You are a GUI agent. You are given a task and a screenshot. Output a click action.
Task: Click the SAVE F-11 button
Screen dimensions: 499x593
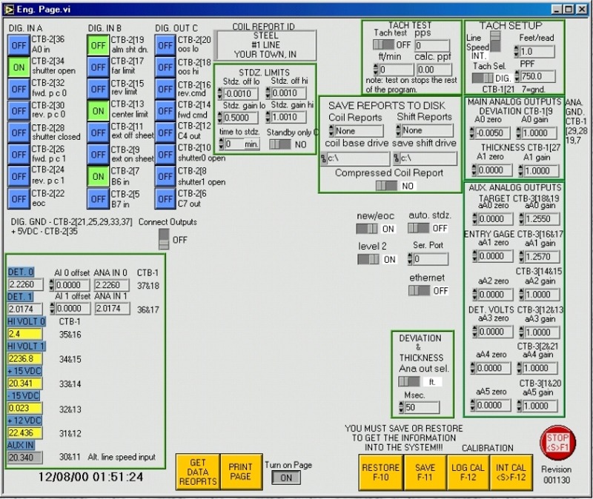425,472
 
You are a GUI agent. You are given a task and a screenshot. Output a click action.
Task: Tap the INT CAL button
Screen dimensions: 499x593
512,472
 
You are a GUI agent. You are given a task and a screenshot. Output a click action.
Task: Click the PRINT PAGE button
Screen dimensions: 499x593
239,472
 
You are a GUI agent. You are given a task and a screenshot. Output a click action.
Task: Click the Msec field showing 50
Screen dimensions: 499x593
421,407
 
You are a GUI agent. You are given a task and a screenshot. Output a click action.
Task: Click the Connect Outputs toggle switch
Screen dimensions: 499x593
164,239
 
